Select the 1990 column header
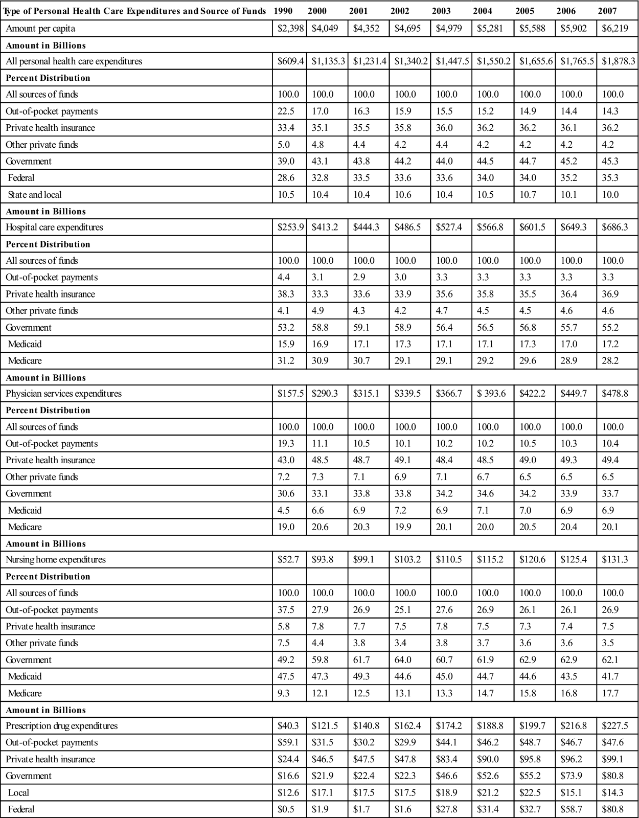(x=283, y=11)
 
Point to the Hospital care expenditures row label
(x=54, y=228)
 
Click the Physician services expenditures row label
(x=64, y=394)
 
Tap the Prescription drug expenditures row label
(x=62, y=726)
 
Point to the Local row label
(x=18, y=793)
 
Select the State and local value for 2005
(x=529, y=195)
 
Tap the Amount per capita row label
(x=40, y=29)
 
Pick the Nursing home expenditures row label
(x=56, y=560)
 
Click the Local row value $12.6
(x=288, y=793)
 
